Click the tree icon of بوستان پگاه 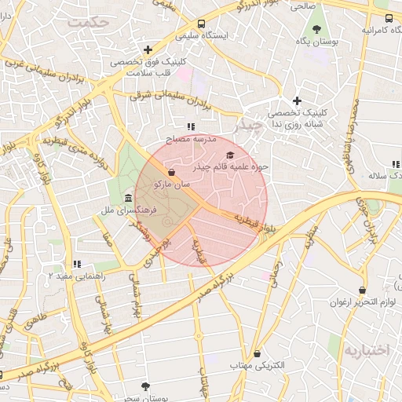[x=316, y=30]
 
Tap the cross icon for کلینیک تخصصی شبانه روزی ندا [x=297, y=100]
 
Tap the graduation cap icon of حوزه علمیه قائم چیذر [x=230, y=155]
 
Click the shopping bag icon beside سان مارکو [x=171, y=172]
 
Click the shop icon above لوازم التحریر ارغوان [x=362, y=290]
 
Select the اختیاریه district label [x=366, y=350]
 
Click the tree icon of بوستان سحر [x=145, y=386]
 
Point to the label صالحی [x=302, y=6]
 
